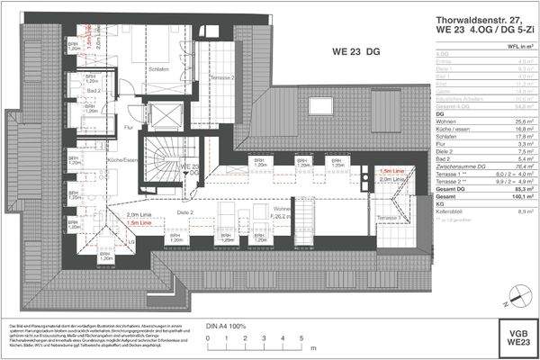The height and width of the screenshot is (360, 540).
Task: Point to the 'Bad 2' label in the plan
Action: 93,92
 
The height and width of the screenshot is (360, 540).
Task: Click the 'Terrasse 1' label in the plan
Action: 388,219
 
